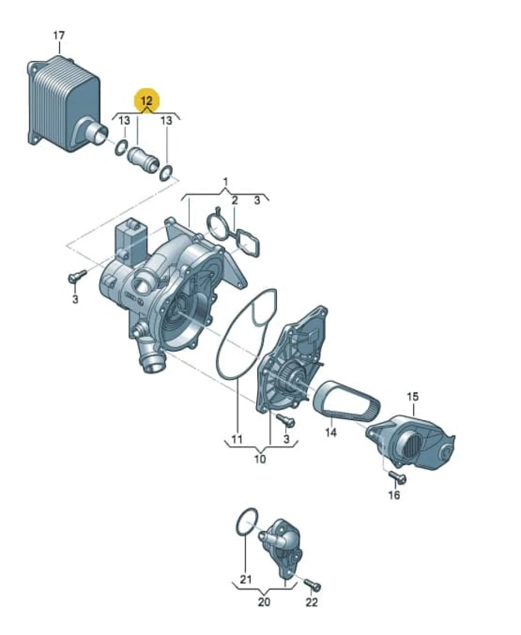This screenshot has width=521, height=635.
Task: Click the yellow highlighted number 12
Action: coord(147,100)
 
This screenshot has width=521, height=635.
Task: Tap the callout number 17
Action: coord(59,36)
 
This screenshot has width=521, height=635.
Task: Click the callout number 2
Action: coord(234,201)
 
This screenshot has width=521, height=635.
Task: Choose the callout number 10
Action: coord(260,459)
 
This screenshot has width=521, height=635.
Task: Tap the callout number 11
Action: coord(237,439)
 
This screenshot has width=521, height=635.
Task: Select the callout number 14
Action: coord(331,433)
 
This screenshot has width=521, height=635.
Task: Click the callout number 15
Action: coord(412,396)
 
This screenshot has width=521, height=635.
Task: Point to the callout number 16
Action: coord(394,495)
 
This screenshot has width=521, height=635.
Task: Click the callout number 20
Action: coord(264,602)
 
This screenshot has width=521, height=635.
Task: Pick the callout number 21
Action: coord(246,580)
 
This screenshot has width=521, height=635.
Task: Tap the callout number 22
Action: coord(312,602)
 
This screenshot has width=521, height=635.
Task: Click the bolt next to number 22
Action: coord(313,585)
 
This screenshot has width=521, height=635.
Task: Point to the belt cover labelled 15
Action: coord(410,441)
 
